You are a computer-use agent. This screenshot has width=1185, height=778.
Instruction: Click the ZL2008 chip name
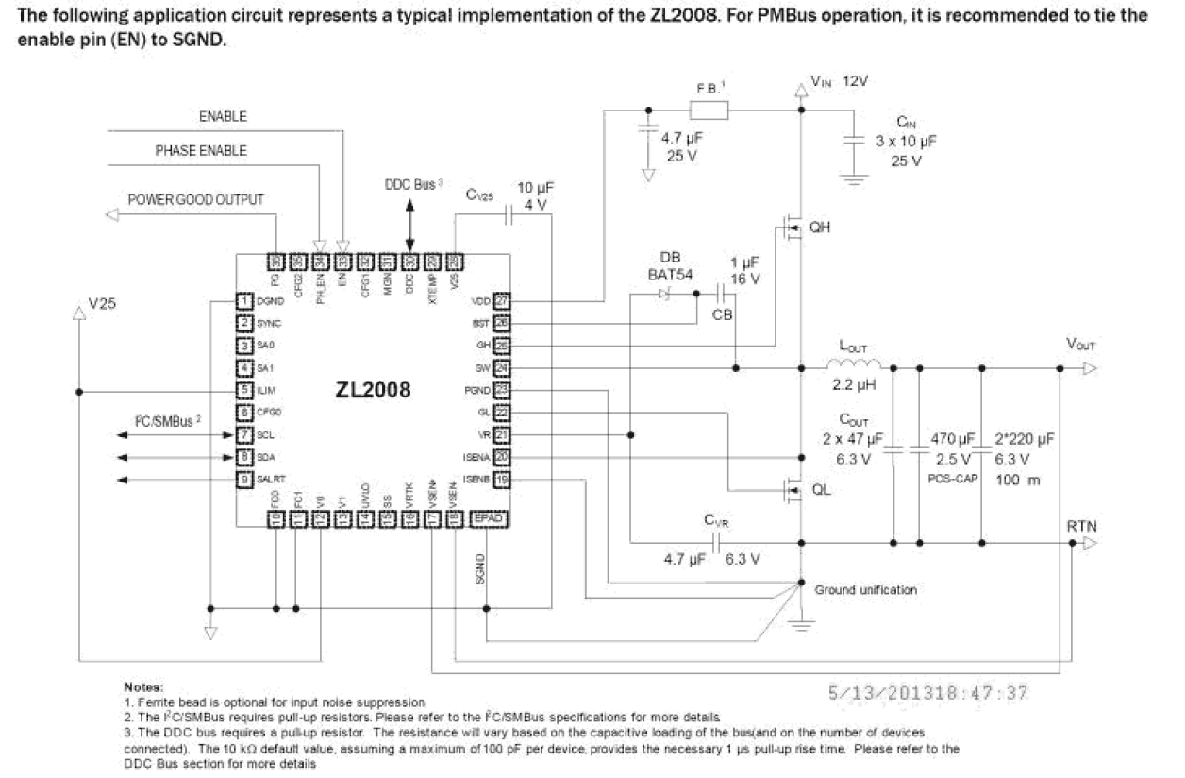(373, 389)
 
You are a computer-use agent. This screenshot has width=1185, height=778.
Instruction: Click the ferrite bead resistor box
(709, 110)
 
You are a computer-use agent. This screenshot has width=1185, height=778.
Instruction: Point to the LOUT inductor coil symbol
(854, 367)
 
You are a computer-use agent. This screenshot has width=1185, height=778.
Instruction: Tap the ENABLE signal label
(223, 116)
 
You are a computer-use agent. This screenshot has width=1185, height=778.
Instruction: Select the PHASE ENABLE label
(201, 151)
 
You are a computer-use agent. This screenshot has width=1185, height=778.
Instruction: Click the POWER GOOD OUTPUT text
(196, 200)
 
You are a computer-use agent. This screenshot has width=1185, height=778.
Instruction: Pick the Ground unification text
(865, 590)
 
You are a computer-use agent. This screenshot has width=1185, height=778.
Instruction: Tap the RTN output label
(1081, 525)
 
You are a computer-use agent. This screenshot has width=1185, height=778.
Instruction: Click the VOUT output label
(1080, 346)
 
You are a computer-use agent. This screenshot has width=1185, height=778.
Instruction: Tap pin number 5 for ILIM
(244, 390)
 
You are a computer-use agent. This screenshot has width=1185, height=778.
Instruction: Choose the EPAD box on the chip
(488, 518)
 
